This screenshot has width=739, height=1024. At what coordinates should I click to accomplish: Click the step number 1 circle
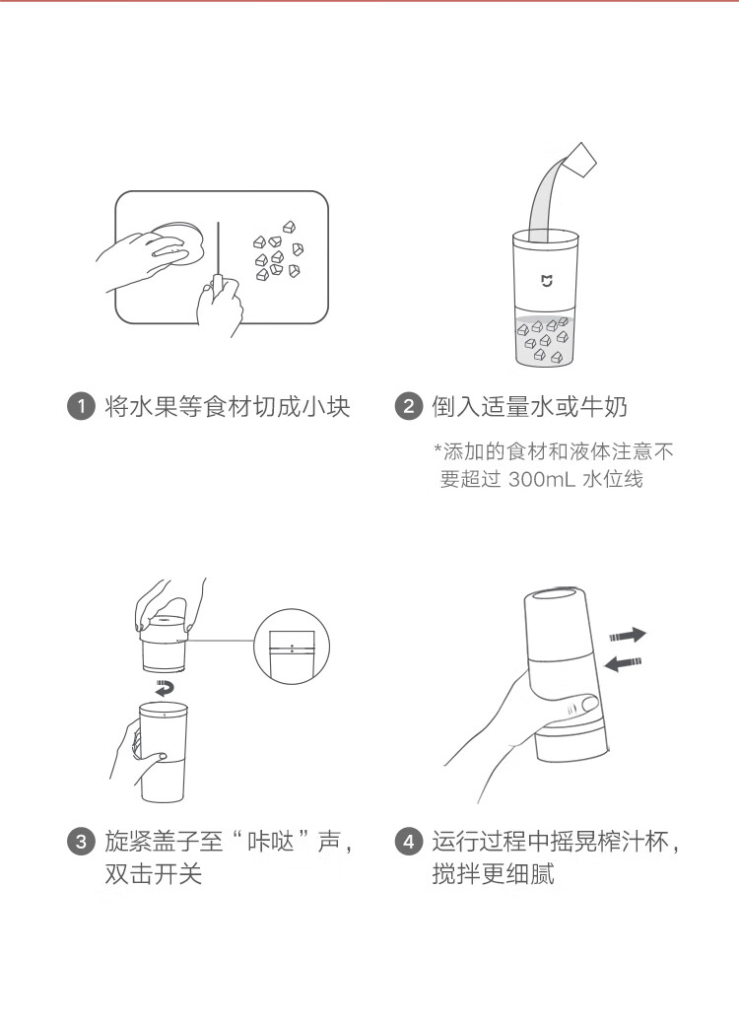tap(81, 407)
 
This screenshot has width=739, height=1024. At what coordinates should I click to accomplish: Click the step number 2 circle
tap(409, 407)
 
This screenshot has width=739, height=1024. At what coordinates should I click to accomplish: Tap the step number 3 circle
tap(81, 841)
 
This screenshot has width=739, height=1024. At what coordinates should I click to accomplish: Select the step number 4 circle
tap(409, 841)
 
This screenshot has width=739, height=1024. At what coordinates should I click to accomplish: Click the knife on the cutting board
tap(218, 261)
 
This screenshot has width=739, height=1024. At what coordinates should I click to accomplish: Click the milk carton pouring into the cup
tap(580, 160)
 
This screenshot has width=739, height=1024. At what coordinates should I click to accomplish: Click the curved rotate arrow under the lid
tap(165, 688)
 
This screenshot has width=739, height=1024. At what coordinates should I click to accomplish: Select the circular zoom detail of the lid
tap(291, 646)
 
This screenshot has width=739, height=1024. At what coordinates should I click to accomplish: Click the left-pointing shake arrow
tap(624, 663)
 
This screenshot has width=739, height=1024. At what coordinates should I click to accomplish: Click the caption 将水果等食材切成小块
tap(228, 407)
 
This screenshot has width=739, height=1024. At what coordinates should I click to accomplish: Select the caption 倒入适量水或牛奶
tap(529, 407)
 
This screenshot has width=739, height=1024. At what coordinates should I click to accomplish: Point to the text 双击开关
tap(154, 873)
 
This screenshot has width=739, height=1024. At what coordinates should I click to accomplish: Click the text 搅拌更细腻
tap(493, 873)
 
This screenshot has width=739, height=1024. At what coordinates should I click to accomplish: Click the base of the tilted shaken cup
tap(571, 744)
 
